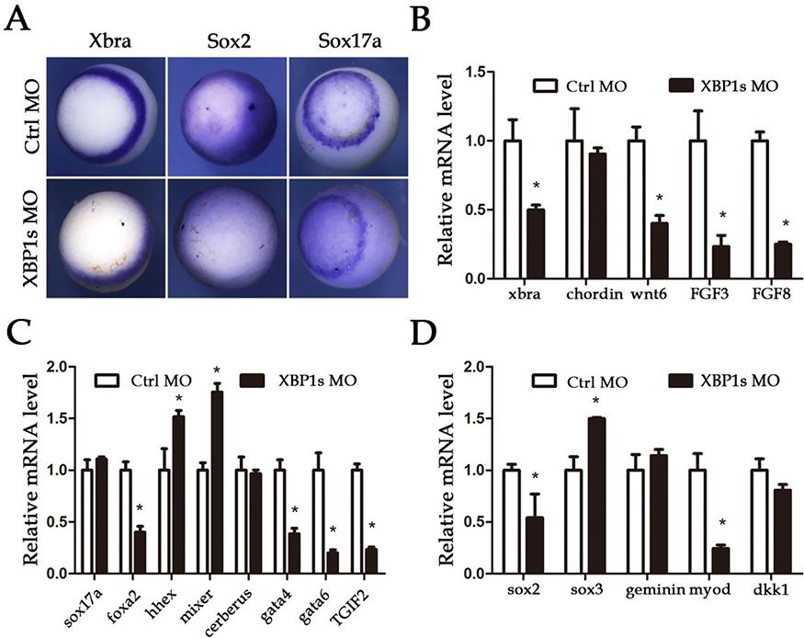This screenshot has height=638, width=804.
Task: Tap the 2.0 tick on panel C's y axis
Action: point(59,367)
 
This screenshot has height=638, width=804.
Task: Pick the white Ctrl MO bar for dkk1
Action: point(759,522)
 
